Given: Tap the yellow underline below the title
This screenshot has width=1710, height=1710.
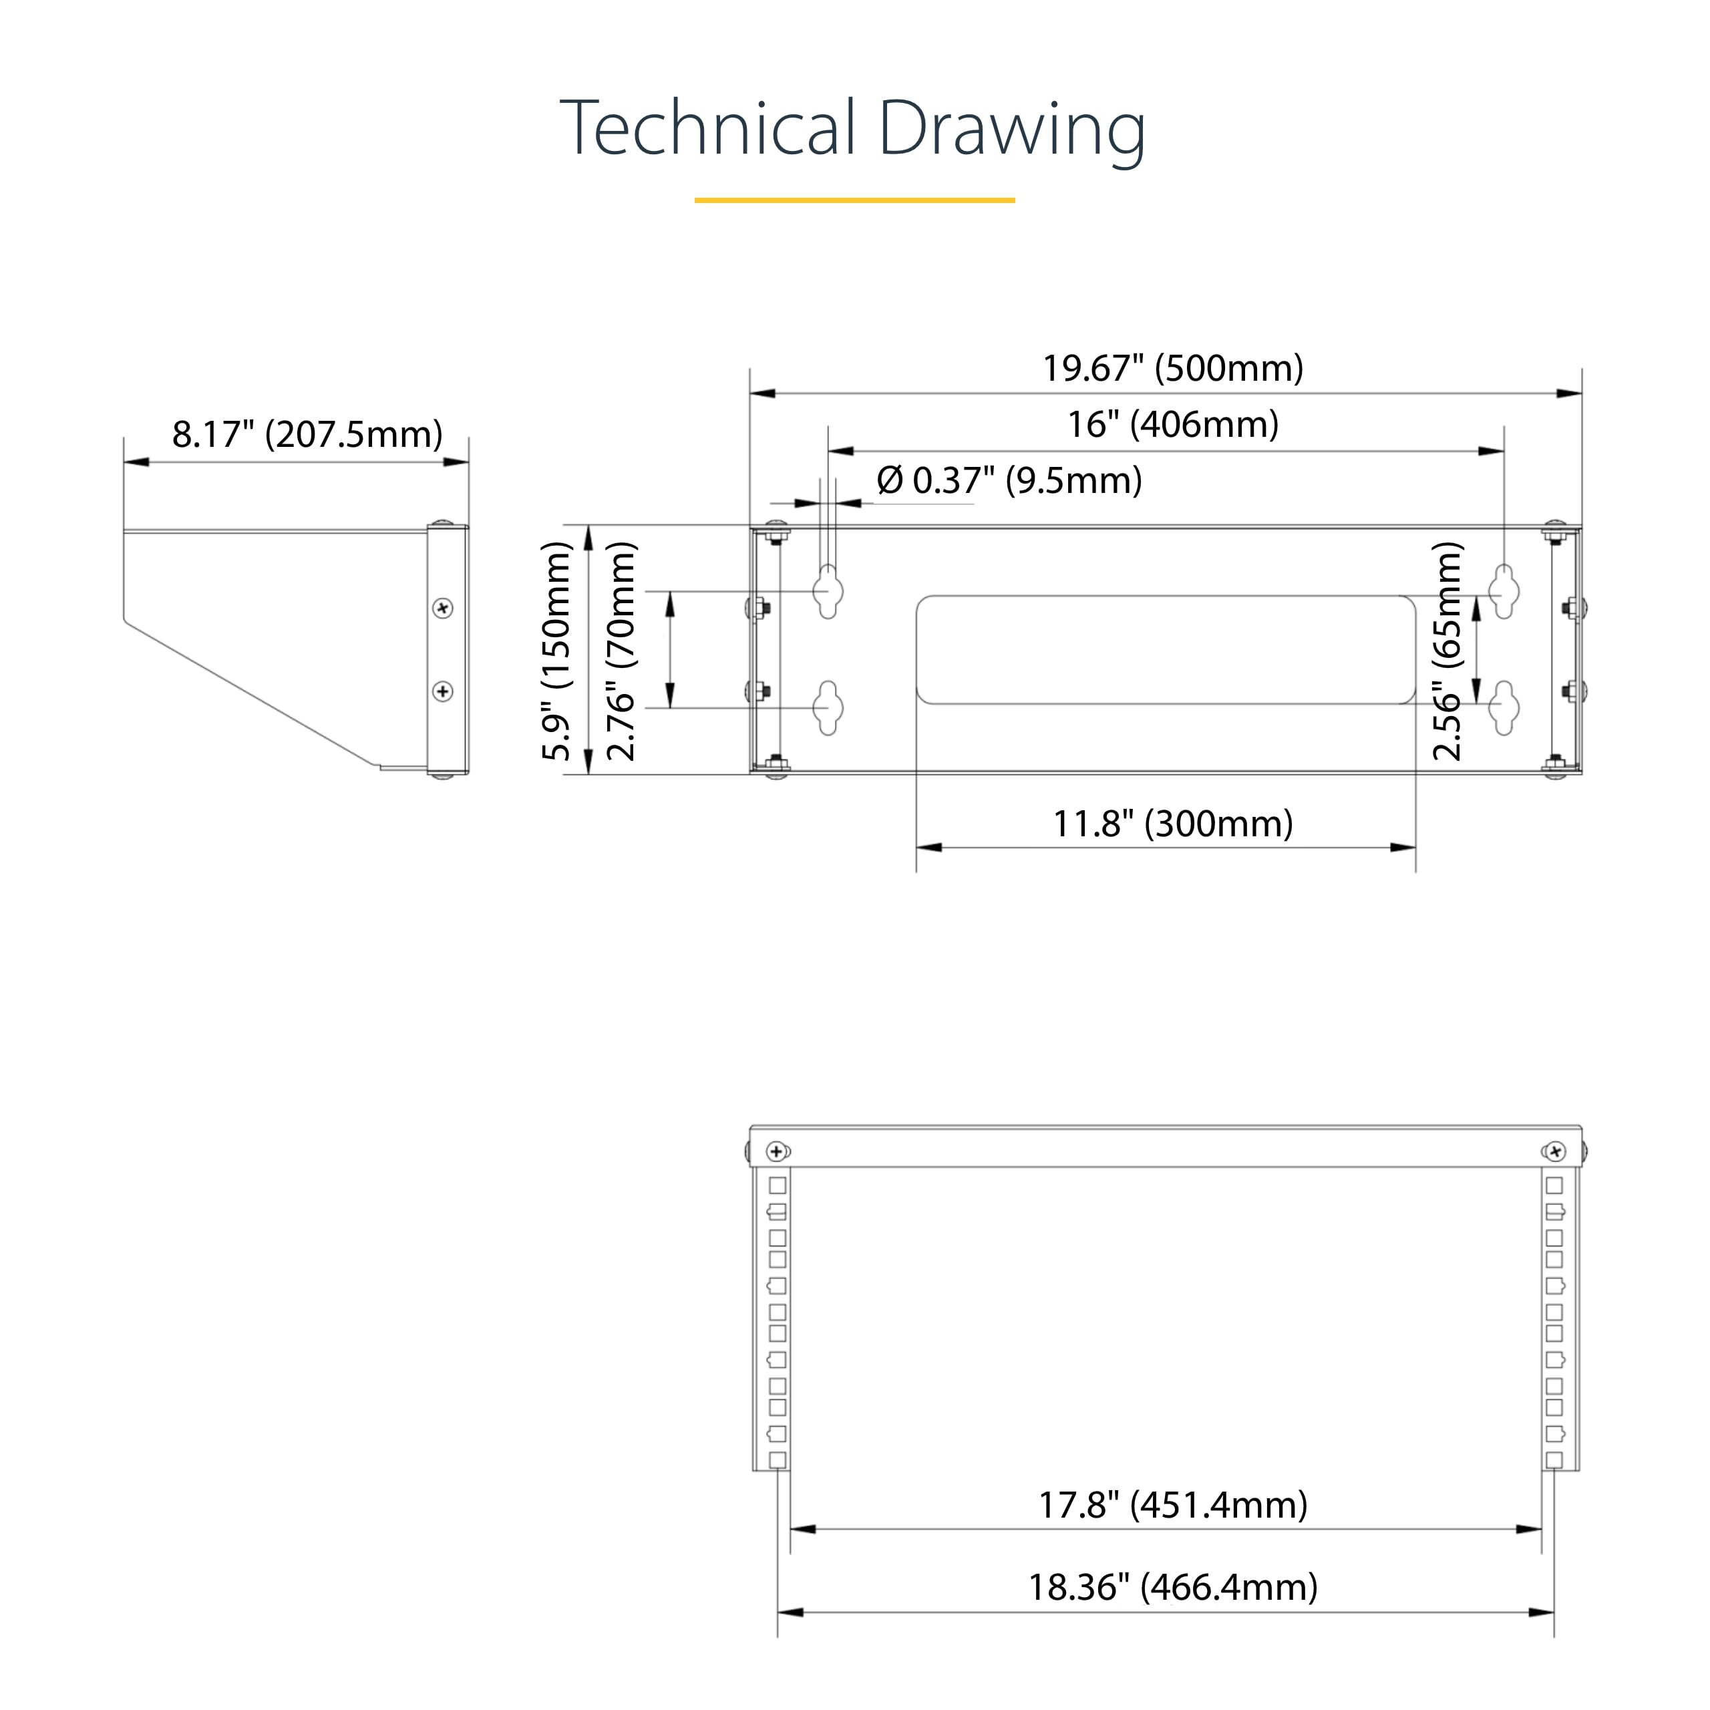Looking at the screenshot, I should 854,200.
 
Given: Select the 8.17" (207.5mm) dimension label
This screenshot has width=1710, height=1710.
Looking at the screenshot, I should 307,435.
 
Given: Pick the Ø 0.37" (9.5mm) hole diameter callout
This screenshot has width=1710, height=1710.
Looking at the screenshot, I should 1009,481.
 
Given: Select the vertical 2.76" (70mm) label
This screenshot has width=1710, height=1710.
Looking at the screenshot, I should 621,651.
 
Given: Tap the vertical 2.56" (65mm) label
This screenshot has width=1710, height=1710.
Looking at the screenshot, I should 1448,651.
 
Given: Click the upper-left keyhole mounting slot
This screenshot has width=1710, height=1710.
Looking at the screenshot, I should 828,590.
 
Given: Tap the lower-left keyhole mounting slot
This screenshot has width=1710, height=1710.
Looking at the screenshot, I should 828,707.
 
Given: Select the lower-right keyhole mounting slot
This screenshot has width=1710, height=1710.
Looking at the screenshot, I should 1504,707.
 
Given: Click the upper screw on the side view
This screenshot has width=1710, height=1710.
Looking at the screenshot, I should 444,608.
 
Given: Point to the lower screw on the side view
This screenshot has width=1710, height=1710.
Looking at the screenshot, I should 444,691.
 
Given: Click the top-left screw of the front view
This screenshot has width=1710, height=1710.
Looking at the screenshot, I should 777,1152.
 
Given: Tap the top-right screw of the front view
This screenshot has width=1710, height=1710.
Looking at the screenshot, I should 1555,1152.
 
